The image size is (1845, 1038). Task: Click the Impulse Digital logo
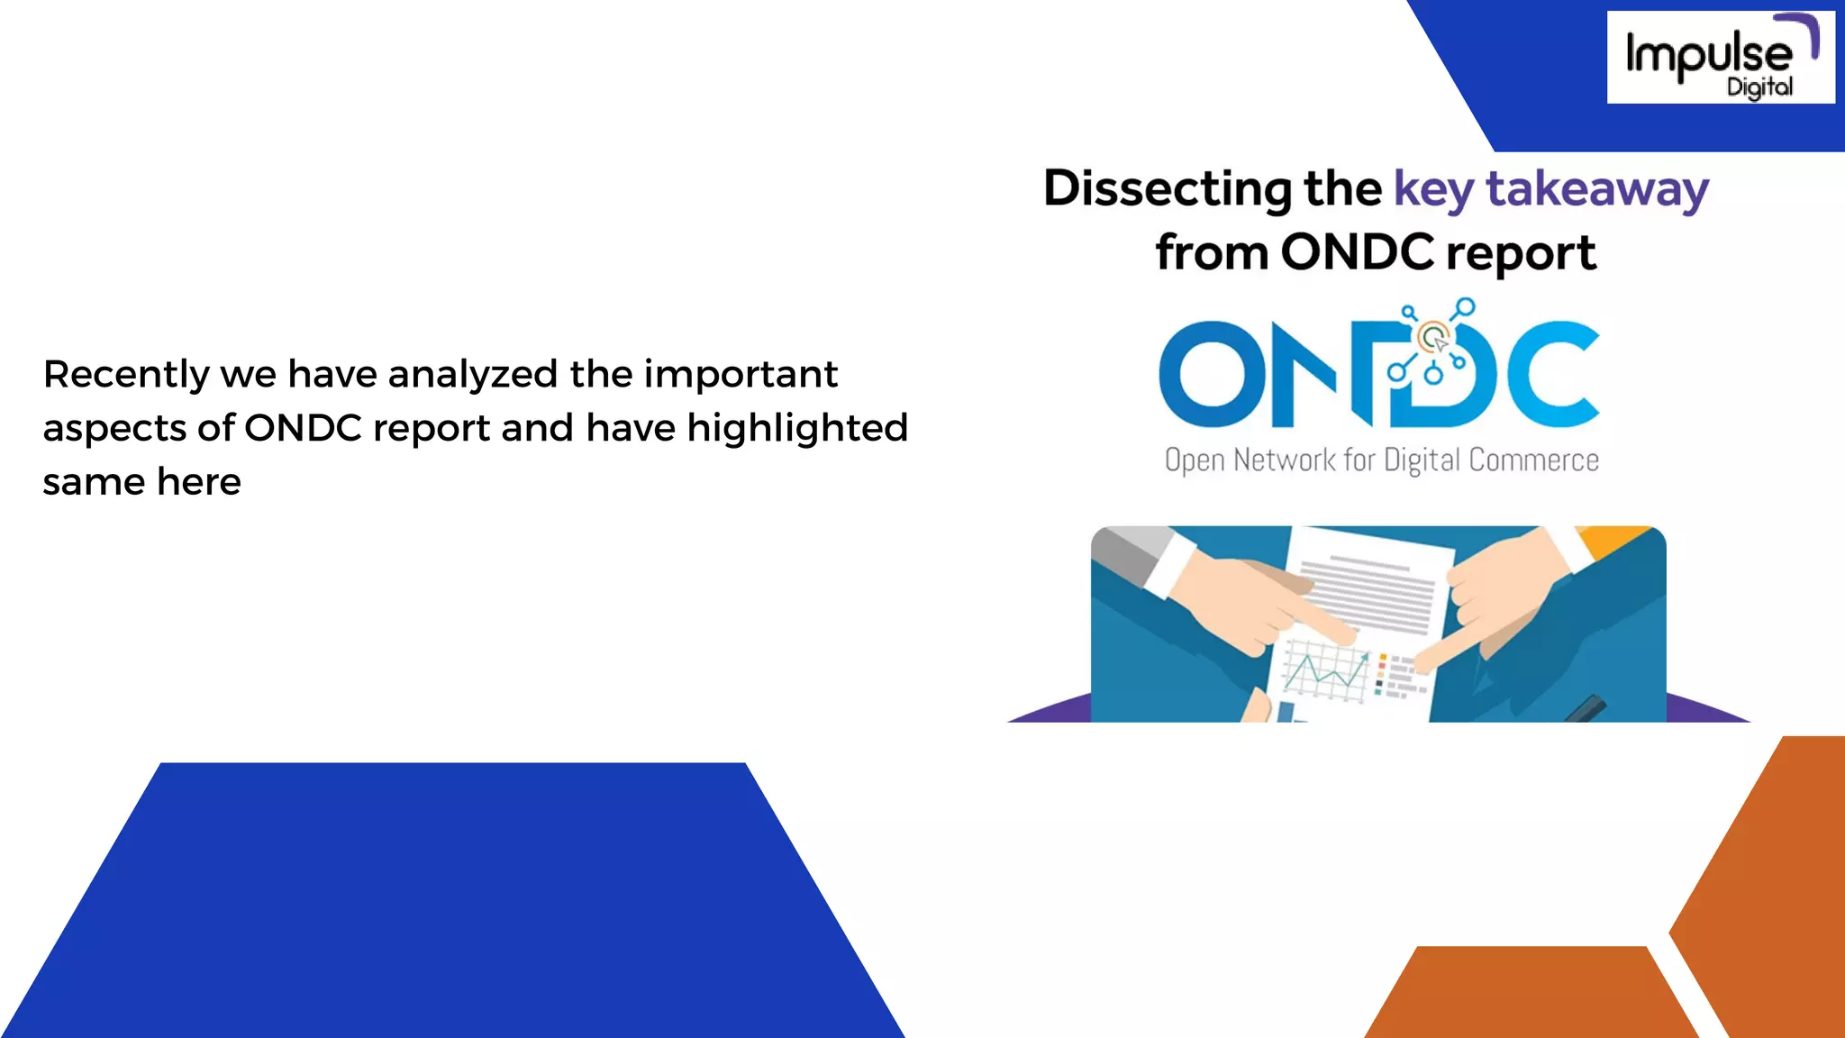click(x=1719, y=57)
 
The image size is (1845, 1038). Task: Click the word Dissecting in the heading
click(x=1167, y=189)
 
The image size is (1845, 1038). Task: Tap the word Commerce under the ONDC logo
click(x=1533, y=460)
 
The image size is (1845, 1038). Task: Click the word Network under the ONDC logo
click(x=1284, y=460)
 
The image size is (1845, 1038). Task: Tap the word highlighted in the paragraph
click(x=797, y=428)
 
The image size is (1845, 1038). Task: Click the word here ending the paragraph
click(x=198, y=482)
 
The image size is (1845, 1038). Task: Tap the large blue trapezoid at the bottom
click(x=453, y=901)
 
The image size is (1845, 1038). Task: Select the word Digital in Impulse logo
click(x=1759, y=87)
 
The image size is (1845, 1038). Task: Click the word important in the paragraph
click(x=741, y=375)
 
